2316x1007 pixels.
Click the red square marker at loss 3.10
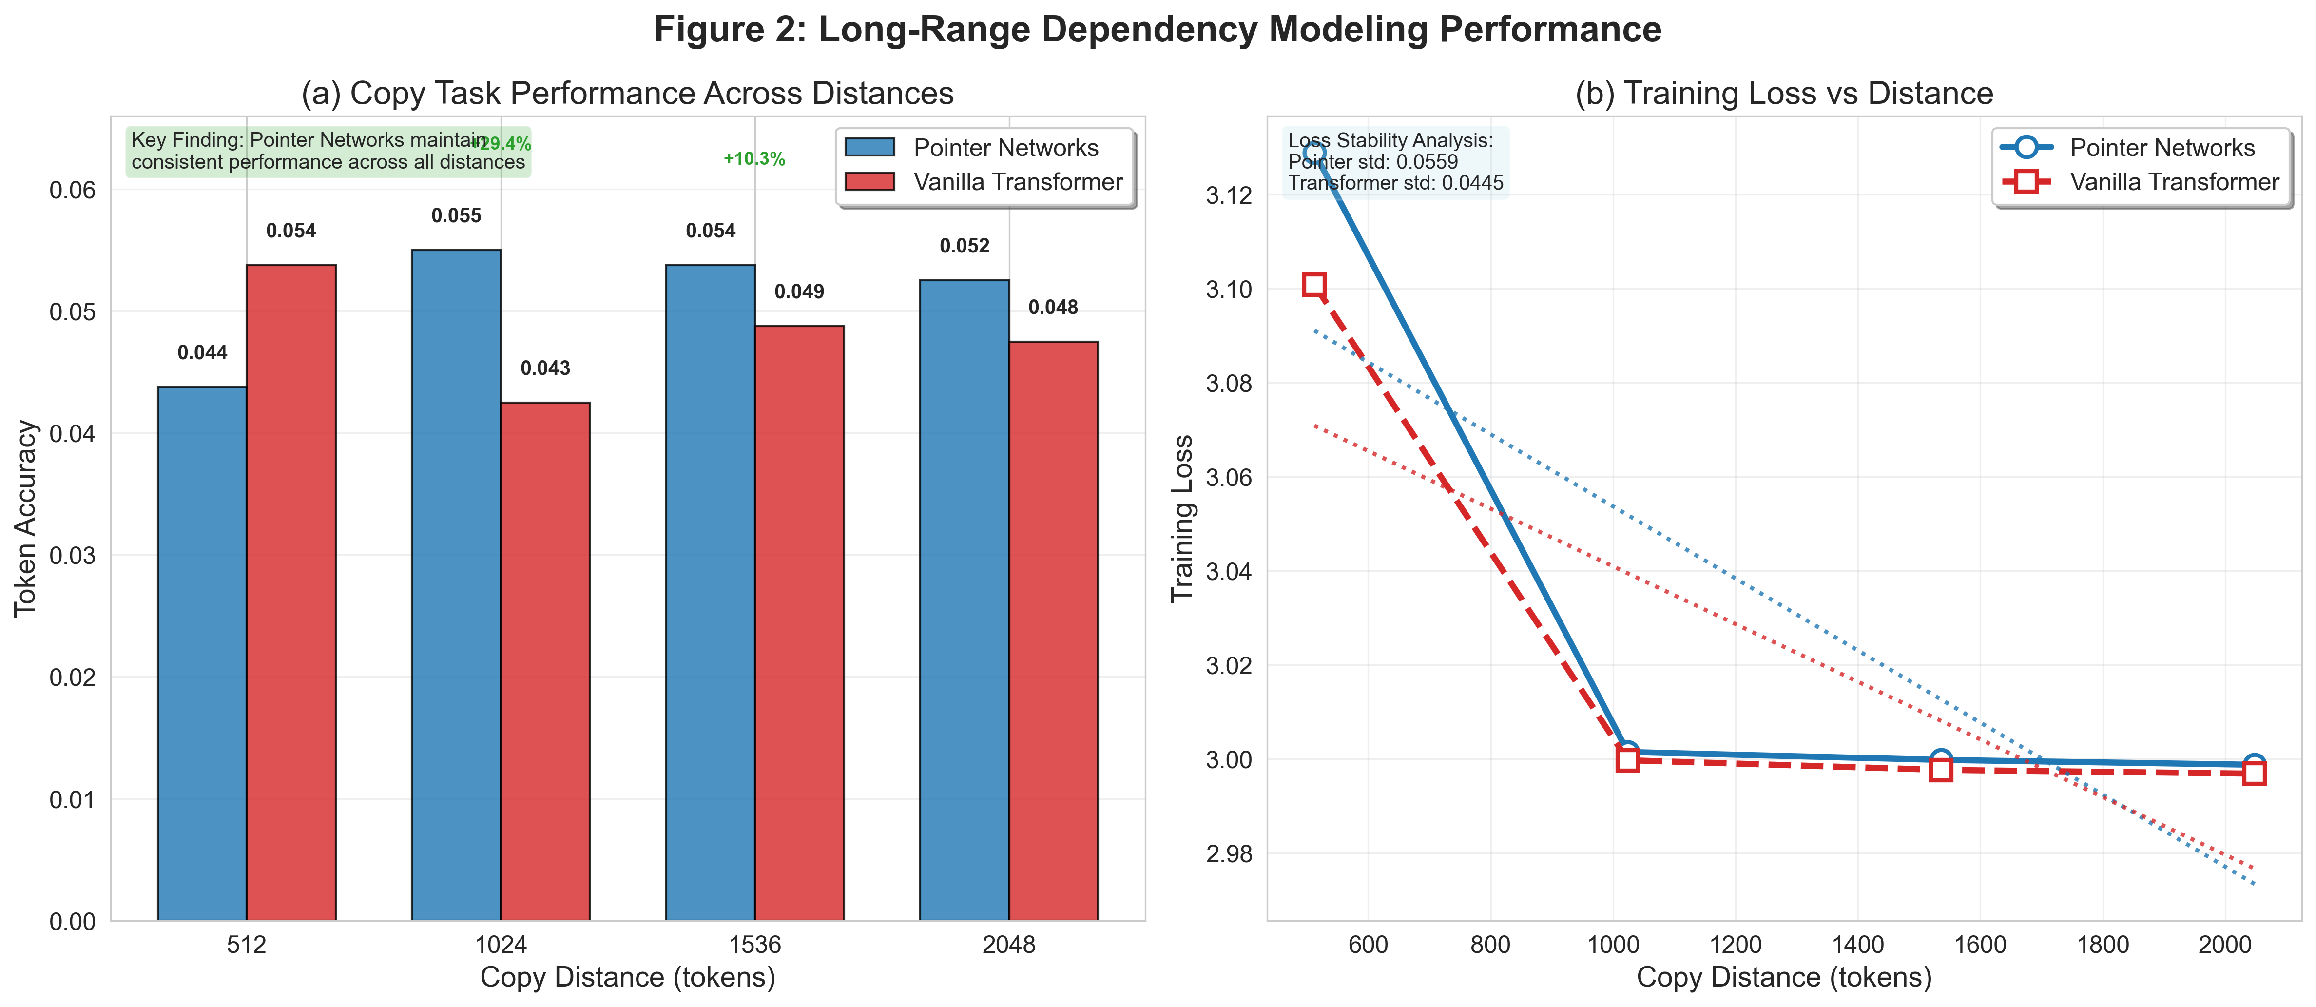1313,285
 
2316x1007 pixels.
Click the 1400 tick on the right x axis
1857,945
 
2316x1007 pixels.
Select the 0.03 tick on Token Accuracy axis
72,556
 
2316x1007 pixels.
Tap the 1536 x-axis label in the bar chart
754,945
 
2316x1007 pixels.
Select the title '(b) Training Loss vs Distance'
1784,94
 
